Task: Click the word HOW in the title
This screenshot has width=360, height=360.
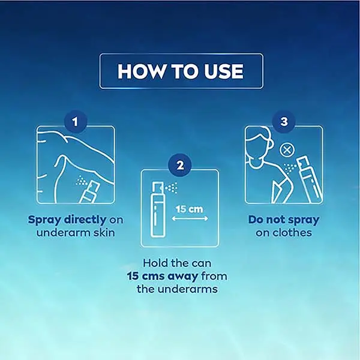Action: click(x=141, y=71)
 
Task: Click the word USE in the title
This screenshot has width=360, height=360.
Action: click(x=224, y=71)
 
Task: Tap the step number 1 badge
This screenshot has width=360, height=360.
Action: click(x=76, y=122)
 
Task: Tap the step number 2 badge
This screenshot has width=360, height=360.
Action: click(x=180, y=165)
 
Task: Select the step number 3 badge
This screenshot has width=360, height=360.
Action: click(x=284, y=122)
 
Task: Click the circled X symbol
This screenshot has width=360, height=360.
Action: click(x=287, y=151)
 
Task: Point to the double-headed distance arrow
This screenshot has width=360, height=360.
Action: click(x=190, y=218)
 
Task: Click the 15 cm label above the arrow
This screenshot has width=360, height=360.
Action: click(x=190, y=209)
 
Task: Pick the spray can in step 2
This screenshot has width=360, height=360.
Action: click(x=157, y=209)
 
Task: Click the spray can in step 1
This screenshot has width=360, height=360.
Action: click(x=89, y=192)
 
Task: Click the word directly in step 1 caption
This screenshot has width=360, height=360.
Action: click(x=85, y=220)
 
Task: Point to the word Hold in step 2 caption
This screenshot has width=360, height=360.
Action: click(x=155, y=263)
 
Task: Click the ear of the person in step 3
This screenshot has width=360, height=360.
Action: click(x=271, y=144)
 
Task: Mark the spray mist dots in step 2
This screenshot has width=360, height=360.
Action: click(x=171, y=188)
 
